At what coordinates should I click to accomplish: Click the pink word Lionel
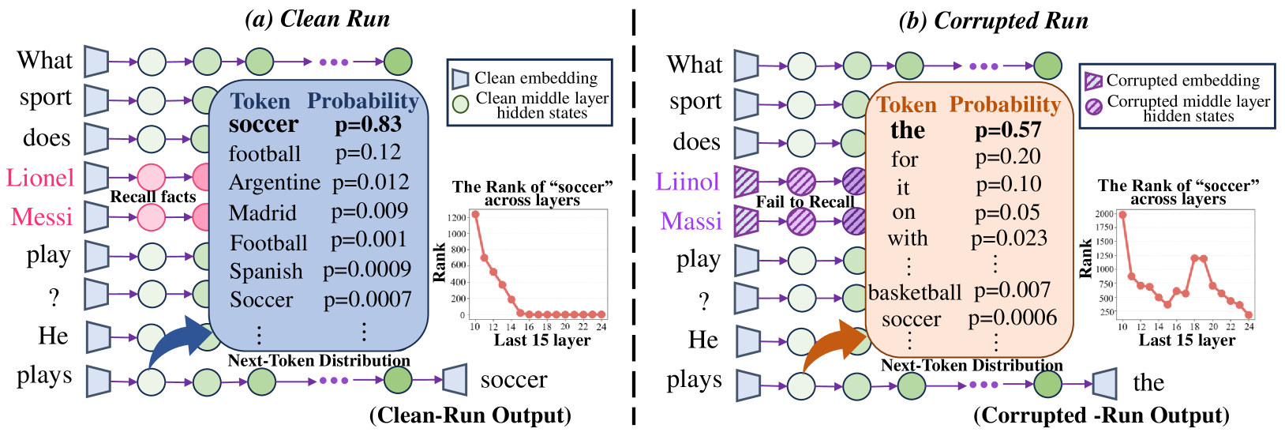pyautogui.click(x=40, y=178)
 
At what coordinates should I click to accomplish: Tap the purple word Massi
pyautogui.click(x=691, y=221)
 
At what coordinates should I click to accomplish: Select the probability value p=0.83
pyautogui.click(x=369, y=125)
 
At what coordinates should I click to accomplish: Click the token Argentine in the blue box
pyautogui.click(x=274, y=182)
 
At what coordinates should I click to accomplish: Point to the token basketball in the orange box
pyautogui.click(x=914, y=292)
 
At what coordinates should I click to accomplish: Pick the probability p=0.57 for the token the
pyautogui.click(x=1008, y=130)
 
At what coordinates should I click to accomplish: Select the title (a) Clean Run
pyautogui.click(x=317, y=19)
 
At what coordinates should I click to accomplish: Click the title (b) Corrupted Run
pyautogui.click(x=994, y=21)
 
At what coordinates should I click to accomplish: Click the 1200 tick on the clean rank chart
pyautogui.click(x=457, y=218)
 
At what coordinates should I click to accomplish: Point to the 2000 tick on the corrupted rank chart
pyautogui.click(x=1104, y=213)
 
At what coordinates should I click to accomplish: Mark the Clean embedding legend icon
pyautogui.click(x=460, y=79)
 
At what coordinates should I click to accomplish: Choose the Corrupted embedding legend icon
pyautogui.click(x=1093, y=81)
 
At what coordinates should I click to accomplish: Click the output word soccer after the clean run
pyautogui.click(x=514, y=380)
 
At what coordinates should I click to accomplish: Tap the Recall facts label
pyautogui.click(x=153, y=197)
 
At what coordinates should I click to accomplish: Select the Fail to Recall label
pyautogui.click(x=805, y=201)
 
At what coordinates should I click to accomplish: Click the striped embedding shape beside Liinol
pyautogui.click(x=747, y=182)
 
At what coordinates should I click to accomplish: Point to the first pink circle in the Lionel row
pyautogui.click(x=152, y=178)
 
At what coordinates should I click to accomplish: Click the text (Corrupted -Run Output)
pyautogui.click(x=1101, y=415)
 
